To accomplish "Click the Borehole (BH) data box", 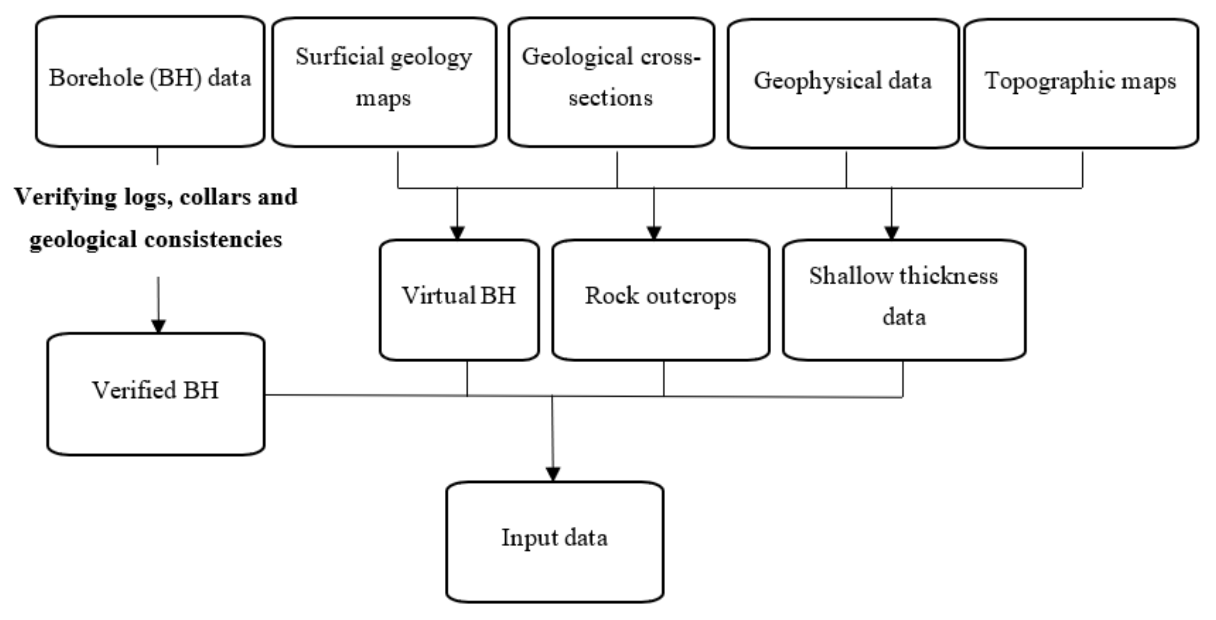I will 150,81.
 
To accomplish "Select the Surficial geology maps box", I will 384,82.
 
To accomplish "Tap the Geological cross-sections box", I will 611,82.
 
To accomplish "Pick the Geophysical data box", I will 843,84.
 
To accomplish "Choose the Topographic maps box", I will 1081,84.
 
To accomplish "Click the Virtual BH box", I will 459,300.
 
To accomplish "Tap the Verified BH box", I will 156,394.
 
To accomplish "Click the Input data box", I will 555,542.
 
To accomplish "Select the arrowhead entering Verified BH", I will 158,327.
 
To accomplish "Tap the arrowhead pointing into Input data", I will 553,474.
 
